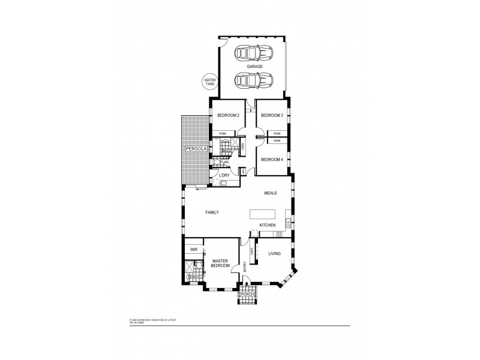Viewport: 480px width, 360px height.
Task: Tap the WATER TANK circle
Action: pos(210,82)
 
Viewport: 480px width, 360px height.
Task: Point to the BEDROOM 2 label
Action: pos(229,115)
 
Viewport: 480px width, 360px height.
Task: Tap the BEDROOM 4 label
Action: pos(272,160)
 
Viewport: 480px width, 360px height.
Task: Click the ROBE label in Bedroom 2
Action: pos(222,133)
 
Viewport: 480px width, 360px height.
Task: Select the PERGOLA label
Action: pos(196,148)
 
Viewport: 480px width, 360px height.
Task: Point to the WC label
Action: pos(227,163)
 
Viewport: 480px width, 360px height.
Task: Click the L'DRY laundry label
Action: pos(224,175)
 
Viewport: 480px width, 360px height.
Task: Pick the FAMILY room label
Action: pos(212,212)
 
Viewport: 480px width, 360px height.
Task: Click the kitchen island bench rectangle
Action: pos(263,214)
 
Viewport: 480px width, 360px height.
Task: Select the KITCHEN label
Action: pos(268,225)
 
